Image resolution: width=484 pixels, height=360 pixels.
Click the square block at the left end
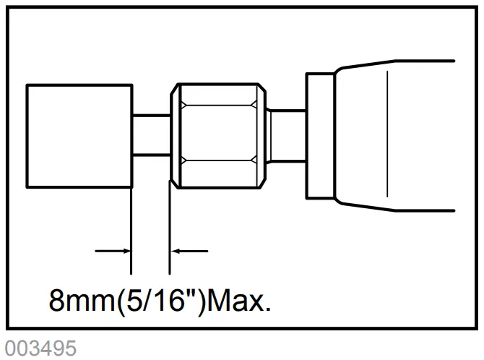79,134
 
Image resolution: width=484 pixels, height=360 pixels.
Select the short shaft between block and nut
150,134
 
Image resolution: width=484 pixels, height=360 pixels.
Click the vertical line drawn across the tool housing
388,134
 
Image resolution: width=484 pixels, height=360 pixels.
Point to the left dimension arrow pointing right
114,251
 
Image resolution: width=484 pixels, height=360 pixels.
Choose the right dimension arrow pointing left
189,251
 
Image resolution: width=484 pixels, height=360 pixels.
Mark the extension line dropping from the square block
131,231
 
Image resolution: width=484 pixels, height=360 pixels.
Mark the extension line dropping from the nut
170,231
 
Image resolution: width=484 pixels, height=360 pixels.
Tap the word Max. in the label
239,299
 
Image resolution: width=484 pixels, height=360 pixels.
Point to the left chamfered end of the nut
174,134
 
